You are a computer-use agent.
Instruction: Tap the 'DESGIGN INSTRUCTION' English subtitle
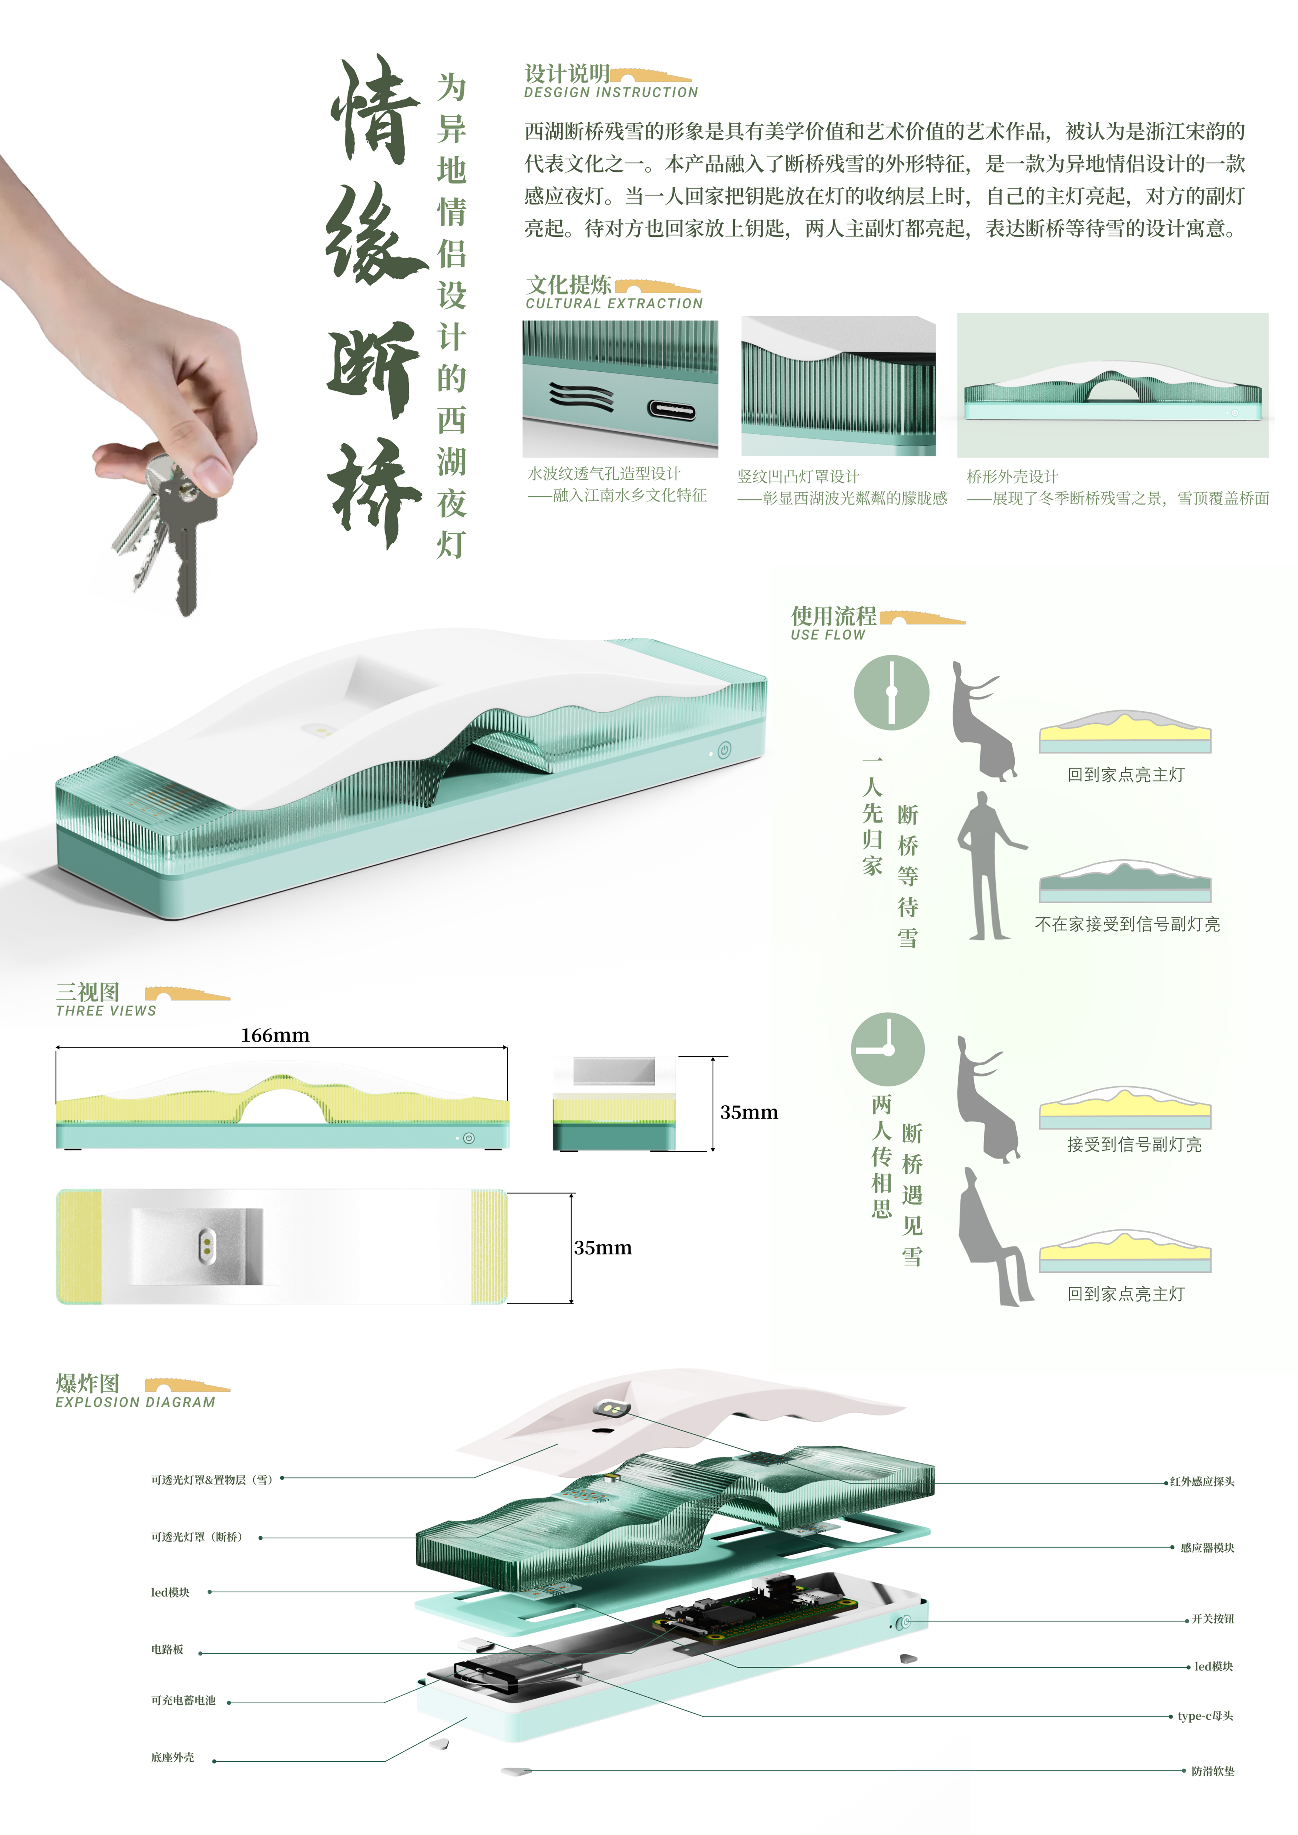click(611, 93)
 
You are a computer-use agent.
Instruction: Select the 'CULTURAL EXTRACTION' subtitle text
click(614, 304)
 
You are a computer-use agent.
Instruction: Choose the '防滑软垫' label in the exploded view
click(1213, 1771)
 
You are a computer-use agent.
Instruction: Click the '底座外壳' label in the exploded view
click(173, 1757)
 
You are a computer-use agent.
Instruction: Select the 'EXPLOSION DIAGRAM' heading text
click(135, 1403)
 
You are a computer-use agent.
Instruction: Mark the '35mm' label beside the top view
click(603, 1248)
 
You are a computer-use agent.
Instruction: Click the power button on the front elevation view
click(468, 1138)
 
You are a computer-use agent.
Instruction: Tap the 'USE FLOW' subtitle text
click(828, 635)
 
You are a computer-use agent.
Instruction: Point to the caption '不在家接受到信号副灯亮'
click(1127, 925)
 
